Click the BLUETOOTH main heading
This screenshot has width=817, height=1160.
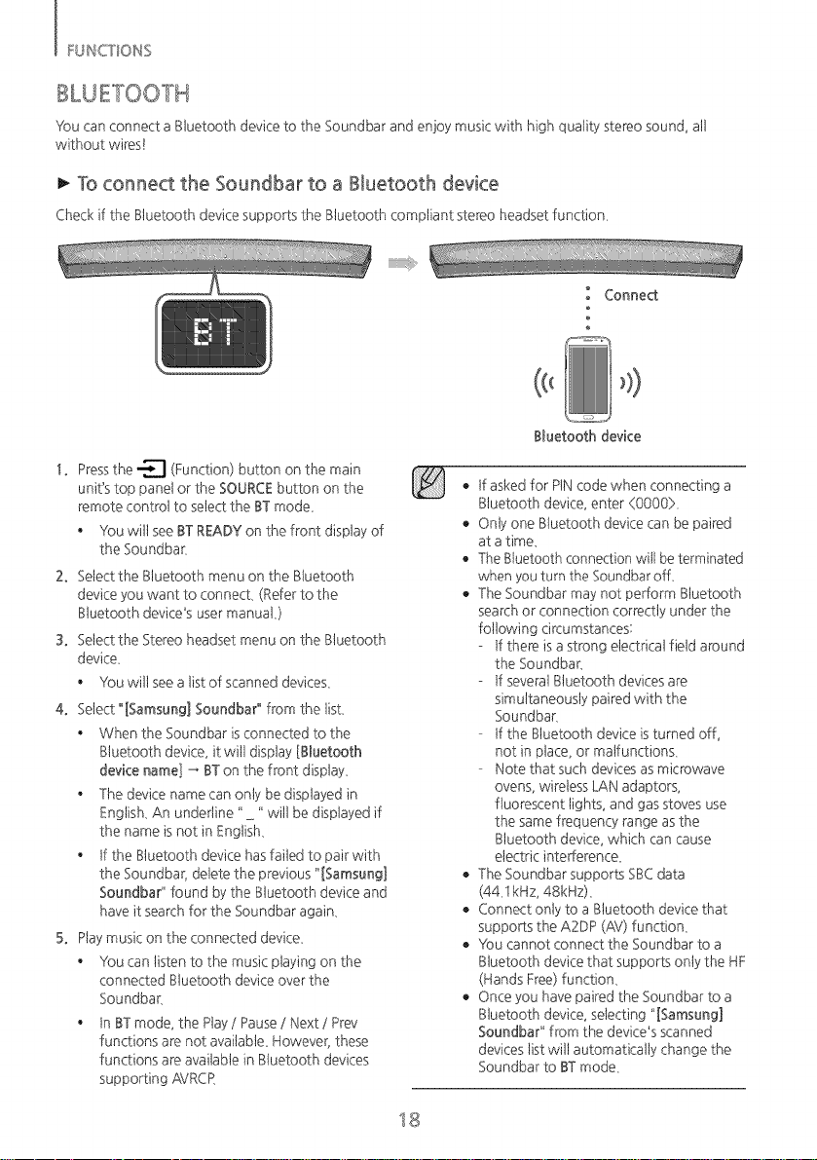[123, 94]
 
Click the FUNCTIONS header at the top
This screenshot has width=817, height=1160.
[109, 51]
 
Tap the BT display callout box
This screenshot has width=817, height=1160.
[213, 333]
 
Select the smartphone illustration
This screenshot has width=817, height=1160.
[588, 378]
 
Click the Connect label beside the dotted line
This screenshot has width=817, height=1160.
[631, 295]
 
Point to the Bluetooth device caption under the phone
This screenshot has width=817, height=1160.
[587, 436]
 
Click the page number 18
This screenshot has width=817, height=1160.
[408, 1118]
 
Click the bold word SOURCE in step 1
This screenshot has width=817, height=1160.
[246, 488]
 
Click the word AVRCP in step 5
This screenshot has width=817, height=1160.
[195, 1078]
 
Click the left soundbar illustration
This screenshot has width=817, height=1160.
[213, 260]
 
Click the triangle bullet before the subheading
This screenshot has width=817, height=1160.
[63, 183]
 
